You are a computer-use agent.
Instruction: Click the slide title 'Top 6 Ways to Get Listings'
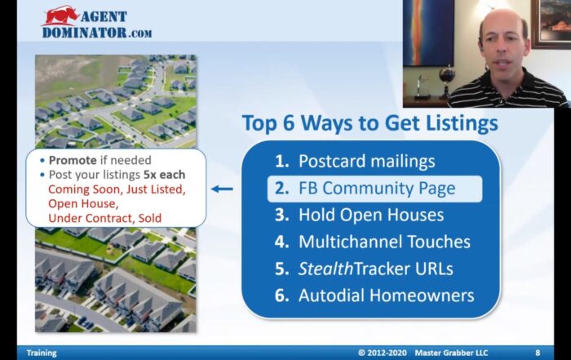coord(370,123)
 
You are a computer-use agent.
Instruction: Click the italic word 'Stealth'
coord(326,269)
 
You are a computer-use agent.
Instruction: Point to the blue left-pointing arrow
coord(222,189)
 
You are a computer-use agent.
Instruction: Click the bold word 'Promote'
coord(73,160)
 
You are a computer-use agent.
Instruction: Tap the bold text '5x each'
coord(164,175)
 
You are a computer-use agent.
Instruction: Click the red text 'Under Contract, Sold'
coord(105,218)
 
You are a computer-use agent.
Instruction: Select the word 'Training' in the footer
coord(42,353)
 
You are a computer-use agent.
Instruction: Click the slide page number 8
coord(538,353)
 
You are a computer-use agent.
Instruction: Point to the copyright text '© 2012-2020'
coord(383,353)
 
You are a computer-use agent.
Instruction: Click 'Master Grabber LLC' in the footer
coord(451,353)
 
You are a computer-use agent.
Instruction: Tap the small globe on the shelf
coord(446,75)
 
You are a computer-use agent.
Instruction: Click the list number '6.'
coord(282,296)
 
